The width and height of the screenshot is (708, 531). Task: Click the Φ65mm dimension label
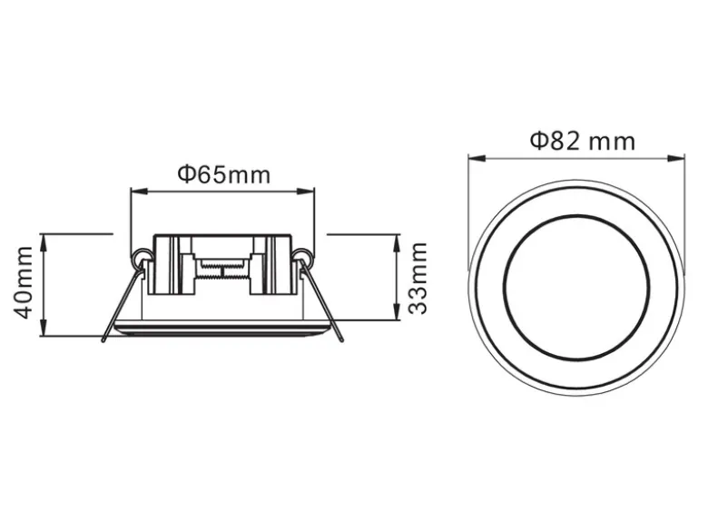coord(224,175)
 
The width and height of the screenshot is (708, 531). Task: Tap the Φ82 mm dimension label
coord(583,141)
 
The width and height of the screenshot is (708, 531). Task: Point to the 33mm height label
coord(418,278)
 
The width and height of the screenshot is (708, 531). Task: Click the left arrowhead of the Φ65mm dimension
coord(139,192)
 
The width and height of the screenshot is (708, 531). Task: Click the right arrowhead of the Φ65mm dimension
coord(306,192)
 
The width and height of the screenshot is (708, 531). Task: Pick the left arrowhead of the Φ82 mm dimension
coord(477,158)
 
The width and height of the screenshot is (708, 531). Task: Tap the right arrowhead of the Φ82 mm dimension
coord(676,158)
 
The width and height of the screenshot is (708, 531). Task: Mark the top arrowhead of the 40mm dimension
coord(44,242)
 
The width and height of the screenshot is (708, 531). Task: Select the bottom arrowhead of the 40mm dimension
coord(44,328)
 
